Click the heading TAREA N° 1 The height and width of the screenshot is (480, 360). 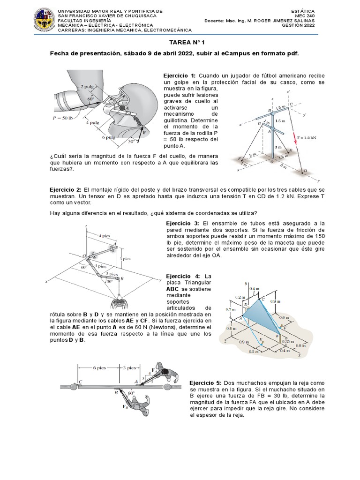(180, 42)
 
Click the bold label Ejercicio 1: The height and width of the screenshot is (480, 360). (180, 75)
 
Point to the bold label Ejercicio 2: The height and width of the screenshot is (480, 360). (66, 189)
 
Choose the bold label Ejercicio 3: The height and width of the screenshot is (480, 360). (183, 223)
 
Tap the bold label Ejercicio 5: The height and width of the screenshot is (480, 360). (206, 382)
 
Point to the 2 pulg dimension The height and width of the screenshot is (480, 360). (88, 87)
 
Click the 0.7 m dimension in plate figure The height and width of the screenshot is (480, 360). (230, 309)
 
